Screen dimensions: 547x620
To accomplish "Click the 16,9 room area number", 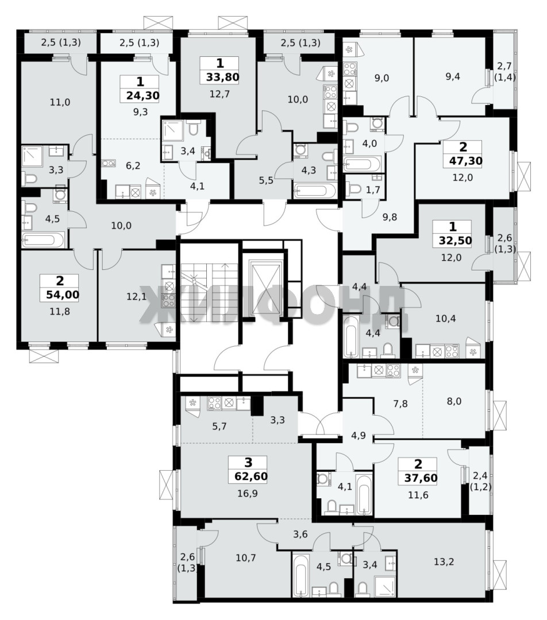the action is coord(248,493).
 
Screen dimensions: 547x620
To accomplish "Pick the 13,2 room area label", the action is coord(444,561).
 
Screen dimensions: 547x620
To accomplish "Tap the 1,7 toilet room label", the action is coord(373,190).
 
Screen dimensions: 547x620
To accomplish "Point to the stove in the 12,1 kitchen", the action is coord(169,300).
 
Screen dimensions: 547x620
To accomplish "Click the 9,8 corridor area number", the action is coord(390,216).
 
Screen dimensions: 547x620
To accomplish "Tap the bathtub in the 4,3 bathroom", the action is coord(314,191).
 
